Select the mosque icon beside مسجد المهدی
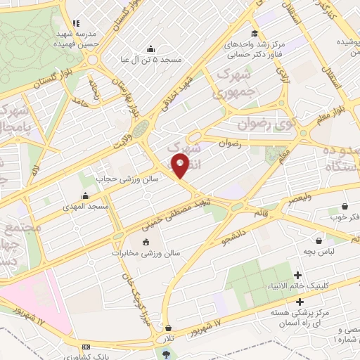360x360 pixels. pyautogui.click(x=86, y=195)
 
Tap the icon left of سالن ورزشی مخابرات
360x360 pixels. pyautogui.click(x=146, y=243)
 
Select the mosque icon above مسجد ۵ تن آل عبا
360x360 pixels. pyautogui.click(x=150, y=49)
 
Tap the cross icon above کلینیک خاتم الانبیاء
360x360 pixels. pyautogui.click(x=298, y=275)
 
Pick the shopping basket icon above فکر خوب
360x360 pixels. pyautogui.click(x=345, y=206)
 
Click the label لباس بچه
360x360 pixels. pyautogui.click(x=326, y=250)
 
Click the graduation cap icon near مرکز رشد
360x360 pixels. pyautogui.click(x=253, y=33)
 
